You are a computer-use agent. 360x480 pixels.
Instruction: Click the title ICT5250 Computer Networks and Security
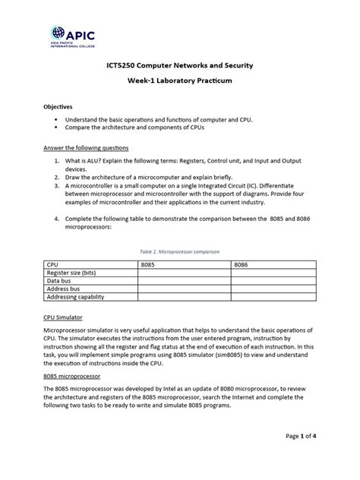pos(178,66)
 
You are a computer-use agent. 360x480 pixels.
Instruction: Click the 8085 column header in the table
pos(147,264)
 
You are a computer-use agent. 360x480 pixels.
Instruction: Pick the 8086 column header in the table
pos(241,264)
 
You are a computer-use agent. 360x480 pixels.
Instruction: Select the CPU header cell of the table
pos(53,264)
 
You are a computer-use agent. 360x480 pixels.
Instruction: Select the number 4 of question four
pos(56,218)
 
